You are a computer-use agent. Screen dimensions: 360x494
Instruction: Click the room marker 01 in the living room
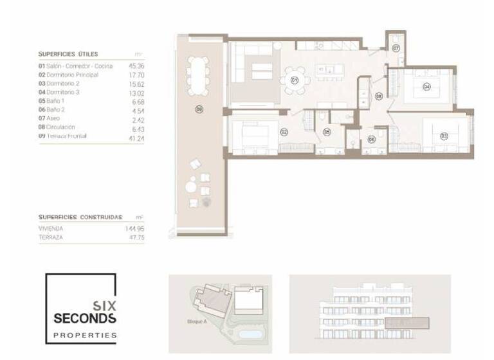click(x=294, y=80)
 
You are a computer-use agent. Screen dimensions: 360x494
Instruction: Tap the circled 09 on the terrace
click(x=199, y=110)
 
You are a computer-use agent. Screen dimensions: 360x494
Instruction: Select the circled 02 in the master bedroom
click(x=284, y=132)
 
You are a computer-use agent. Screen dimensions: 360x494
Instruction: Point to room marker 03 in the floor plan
click(x=444, y=136)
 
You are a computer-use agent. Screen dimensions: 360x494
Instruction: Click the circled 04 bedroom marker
click(x=426, y=86)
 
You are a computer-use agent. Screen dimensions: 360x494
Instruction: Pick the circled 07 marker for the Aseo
click(x=396, y=48)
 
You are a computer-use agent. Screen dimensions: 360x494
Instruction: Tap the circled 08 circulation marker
click(x=379, y=96)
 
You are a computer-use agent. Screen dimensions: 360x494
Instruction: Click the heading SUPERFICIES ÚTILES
click(x=68, y=54)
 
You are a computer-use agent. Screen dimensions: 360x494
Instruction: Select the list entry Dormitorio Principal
click(x=71, y=75)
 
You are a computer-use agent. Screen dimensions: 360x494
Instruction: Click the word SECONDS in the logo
click(x=85, y=318)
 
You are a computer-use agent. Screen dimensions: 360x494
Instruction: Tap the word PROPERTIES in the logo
click(x=85, y=335)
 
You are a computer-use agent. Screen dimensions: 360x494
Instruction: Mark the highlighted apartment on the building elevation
click(x=406, y=323)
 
